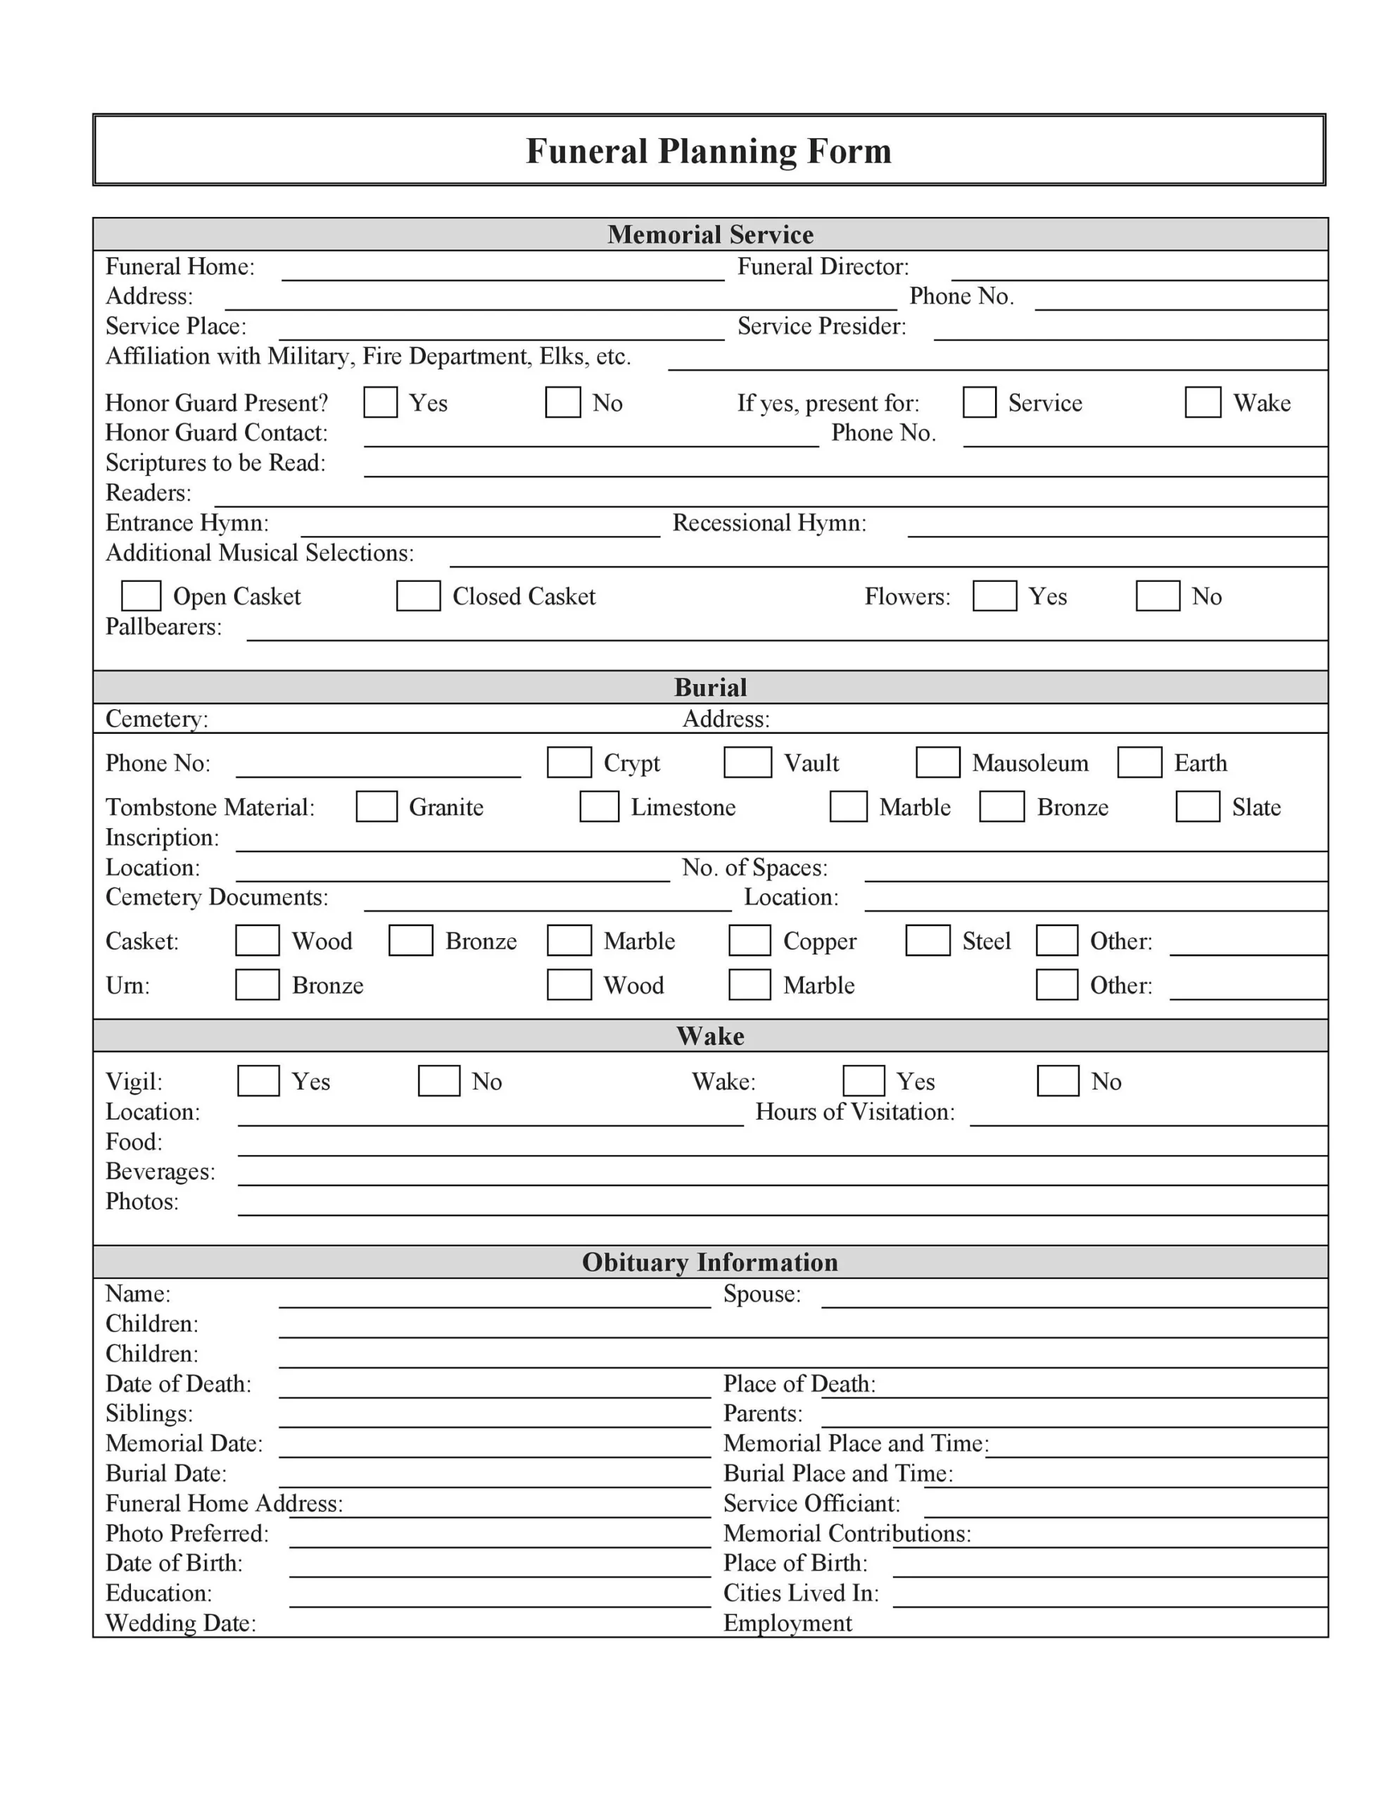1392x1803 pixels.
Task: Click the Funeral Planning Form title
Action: tap(708, 151)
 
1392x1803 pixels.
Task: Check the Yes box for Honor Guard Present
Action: tap(381, 402)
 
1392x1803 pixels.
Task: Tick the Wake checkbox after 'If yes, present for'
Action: tap(1202, 402)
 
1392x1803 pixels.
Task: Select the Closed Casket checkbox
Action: tap(417, 595)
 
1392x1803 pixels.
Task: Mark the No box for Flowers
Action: tap(1157, 595)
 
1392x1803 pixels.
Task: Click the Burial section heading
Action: tap(709, 687)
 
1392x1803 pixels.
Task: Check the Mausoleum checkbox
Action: tap(937, 762)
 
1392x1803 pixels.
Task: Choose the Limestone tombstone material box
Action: tap(599, 806)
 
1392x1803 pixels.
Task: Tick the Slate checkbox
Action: tap(1196, 806)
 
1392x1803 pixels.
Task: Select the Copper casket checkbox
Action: tap(749, 940)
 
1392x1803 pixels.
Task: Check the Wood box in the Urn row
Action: tap(569, 985)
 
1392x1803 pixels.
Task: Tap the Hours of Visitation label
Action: tap(854, 1112)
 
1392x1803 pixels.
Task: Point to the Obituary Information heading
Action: tap(709, 1261)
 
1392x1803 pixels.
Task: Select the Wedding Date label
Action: tap(181, 1623)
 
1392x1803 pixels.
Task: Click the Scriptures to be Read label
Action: tap(215, 462)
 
